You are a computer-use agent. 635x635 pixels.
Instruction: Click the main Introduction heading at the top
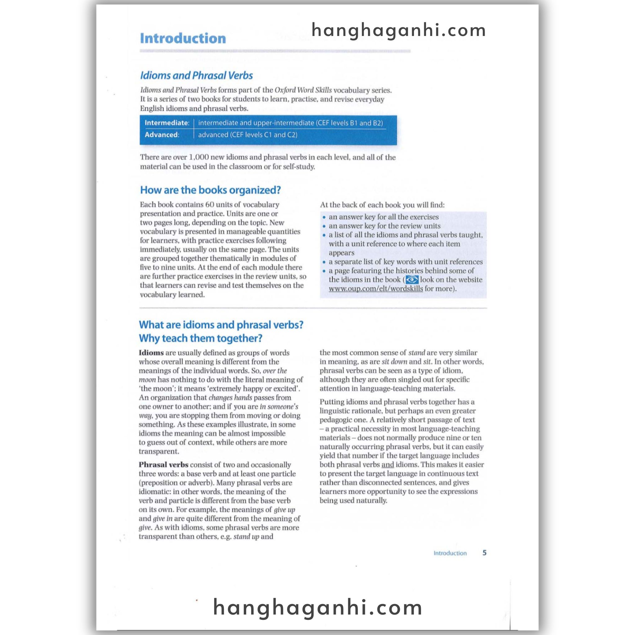(183, 38)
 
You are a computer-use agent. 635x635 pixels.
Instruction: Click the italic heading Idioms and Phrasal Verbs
(196, 76)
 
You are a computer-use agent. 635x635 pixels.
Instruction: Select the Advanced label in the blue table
(162, 135)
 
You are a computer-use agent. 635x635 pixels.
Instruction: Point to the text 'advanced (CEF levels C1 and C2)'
(247, 135)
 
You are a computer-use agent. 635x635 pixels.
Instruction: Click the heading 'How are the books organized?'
(210, 190)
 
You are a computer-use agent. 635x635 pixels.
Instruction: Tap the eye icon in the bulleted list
(412, 280)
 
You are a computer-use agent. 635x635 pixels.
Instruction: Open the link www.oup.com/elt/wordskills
(376, 289)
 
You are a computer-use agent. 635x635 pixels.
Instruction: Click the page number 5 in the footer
(484, 553)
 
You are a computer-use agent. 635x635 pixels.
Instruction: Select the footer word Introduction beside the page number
(450, 553)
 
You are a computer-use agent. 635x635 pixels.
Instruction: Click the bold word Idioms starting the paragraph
(151, 353)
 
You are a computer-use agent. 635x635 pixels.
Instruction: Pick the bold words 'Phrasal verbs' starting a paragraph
(163, 465)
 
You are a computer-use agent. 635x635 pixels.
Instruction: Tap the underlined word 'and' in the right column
(388, 465)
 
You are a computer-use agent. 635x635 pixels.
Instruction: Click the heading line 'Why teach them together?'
(201, 338)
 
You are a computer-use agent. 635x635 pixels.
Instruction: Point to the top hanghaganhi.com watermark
(398, 30)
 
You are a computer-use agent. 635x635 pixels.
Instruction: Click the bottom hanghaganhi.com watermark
(317, 607)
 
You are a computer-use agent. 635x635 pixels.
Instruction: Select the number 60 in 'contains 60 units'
(210, 204)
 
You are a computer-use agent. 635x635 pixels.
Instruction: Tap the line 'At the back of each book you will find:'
(382, 205)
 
